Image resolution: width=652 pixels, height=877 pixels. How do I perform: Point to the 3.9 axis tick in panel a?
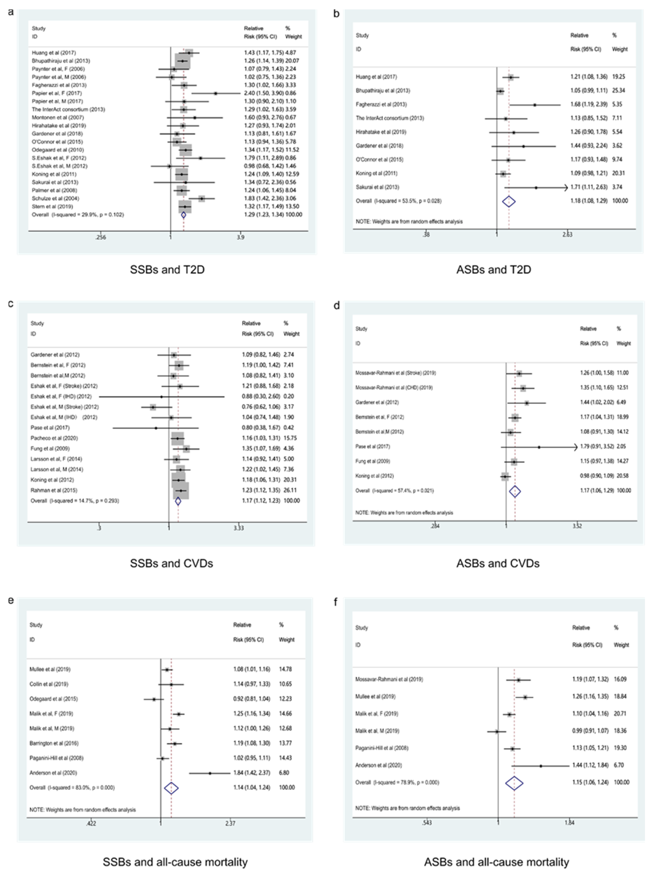[x=240, y=237]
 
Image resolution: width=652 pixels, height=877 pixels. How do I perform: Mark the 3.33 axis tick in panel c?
[x=238, y=528]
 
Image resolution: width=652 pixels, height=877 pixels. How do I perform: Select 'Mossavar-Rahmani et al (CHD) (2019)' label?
[x=394, y=387]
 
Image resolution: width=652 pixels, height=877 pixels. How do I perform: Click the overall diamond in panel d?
[x=515, y=491]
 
